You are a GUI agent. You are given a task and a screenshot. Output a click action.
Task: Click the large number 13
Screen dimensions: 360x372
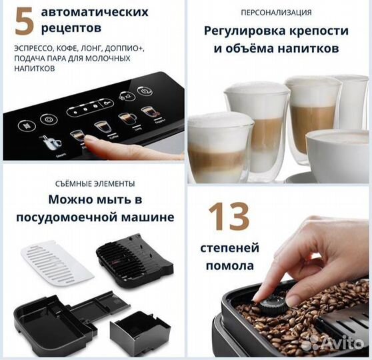pyautogui.click(x=229, y=217)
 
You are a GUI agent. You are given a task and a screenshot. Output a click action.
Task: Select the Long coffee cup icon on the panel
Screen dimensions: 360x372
pyautogui.click(x=127, y=119)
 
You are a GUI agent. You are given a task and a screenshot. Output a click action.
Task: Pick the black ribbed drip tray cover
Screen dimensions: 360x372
pyautogui.click(x=134, y=260)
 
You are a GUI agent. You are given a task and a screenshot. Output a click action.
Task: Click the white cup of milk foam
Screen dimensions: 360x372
pyautogui.click(x=337, y=150)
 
